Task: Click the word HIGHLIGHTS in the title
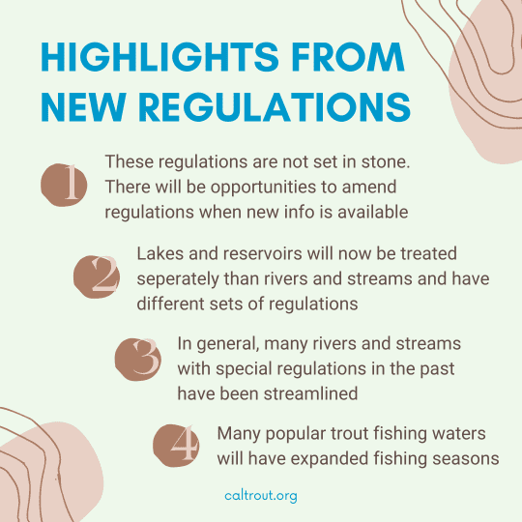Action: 159,57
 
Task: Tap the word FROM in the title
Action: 348,57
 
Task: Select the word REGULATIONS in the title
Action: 275,107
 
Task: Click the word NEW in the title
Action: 83,107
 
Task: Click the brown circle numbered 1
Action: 64,185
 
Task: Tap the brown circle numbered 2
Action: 97,276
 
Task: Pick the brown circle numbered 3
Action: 138,360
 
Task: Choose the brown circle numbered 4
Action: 176,446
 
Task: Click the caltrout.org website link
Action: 261,496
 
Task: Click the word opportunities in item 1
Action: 263,188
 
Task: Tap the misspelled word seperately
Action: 178,279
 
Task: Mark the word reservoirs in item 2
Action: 262,253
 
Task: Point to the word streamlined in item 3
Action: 310,393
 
